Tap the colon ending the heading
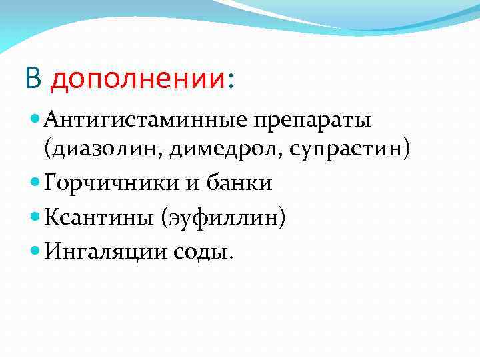tap(231, 81)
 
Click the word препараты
tap(312, 122)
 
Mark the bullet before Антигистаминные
tap(35, 121)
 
